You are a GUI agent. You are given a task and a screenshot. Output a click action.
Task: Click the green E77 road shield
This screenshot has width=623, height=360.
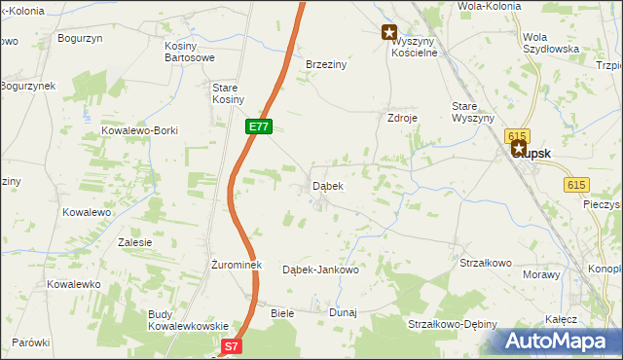click(258, 126)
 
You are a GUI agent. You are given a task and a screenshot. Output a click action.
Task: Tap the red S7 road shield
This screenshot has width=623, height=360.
click(231, 345)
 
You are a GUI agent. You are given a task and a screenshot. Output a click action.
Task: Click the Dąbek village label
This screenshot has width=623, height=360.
click(326, 185)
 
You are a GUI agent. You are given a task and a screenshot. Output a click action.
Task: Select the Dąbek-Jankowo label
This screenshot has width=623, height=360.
click(320, 270)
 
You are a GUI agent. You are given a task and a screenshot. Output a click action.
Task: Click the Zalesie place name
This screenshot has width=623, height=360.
click(134, 242)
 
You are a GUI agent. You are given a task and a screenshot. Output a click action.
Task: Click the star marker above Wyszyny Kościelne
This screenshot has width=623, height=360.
click(389, 31)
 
